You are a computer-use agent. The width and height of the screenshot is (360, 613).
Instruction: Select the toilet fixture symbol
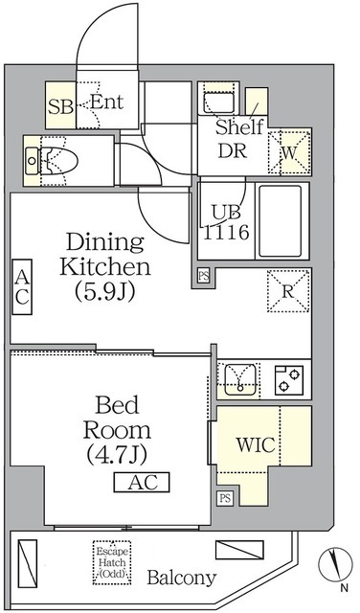[x=54, y=160]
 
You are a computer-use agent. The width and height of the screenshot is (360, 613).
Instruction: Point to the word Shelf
[x=238, y=128]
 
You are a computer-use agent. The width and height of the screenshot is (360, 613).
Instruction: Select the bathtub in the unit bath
[x=281, y=220]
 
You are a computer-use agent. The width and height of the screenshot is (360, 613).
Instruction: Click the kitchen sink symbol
[x=237, y=379]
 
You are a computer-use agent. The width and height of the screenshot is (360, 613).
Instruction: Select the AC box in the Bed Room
[x=142, y=482]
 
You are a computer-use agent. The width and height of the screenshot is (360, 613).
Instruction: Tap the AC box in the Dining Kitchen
[x=22, y=286]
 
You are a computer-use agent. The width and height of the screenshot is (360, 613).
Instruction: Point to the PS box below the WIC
[x=225, y=497]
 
